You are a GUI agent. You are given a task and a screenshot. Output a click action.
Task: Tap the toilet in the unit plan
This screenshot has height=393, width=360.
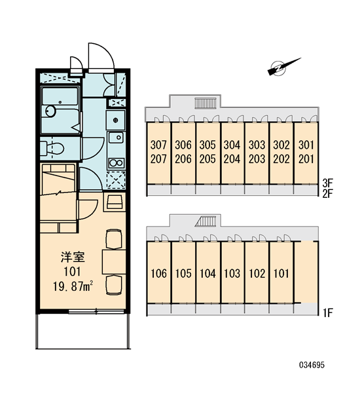pos(52,149)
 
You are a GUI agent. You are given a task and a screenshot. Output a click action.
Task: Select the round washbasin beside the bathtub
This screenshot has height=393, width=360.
pos(51,111)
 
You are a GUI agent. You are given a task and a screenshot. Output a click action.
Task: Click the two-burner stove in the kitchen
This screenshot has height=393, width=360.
pos(117,163)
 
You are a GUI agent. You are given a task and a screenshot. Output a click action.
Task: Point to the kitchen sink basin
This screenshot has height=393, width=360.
pos(116,138)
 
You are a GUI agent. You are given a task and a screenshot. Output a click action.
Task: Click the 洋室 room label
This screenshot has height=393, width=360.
pos(73,257)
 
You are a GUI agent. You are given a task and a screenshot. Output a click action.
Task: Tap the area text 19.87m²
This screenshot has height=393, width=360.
pos(73,286)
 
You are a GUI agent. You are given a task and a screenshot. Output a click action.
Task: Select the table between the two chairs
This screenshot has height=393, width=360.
pos(114,261)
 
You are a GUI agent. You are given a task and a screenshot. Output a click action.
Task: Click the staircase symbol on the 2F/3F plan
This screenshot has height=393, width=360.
pos(205,103)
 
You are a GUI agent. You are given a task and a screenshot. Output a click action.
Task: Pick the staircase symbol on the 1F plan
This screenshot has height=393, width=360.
pos(206,221)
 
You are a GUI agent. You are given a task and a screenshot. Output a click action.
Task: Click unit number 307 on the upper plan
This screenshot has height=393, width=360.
pos(158,145)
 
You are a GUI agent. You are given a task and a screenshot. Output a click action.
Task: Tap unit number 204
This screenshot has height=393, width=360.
pos(232,159)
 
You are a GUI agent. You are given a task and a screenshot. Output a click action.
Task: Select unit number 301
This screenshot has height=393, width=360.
pos(306,145)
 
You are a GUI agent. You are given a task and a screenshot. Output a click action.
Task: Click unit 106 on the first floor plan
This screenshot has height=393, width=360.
pos(159,273)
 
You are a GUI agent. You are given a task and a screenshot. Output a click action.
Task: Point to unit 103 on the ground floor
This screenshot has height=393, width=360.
pos(232,273)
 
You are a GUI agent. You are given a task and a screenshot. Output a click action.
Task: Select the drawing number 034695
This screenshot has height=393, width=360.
pos(312,365)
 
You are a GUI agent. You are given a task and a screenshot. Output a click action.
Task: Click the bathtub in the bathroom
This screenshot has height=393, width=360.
pos(60,110)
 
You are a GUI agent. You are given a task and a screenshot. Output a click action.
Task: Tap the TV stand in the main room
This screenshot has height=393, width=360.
pos(115,202)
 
